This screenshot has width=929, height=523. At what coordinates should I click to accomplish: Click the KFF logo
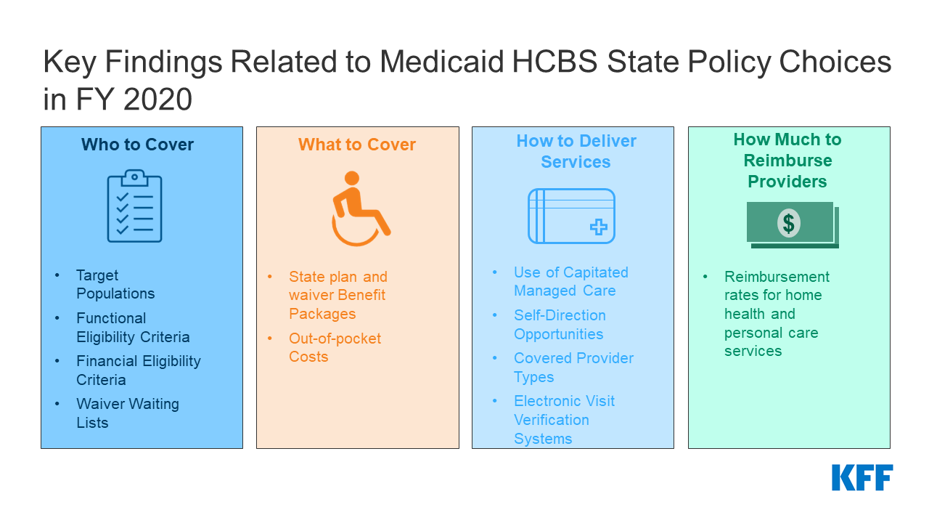coord(862,477)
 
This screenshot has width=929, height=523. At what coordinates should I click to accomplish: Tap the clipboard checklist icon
coord(134,206)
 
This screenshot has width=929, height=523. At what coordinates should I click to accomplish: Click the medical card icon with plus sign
coord(571,216)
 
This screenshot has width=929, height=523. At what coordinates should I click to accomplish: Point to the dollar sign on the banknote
coord(788,224)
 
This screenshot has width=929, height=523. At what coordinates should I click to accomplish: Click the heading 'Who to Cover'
coord(137,145)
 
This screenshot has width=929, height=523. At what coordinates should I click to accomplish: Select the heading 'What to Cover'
coord(357,145)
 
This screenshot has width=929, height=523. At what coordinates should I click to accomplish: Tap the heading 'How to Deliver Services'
coord(576,151)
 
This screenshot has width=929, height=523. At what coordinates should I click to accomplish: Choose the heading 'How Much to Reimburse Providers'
coord(787,161)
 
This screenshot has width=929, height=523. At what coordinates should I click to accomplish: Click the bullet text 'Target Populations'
coord(115,284)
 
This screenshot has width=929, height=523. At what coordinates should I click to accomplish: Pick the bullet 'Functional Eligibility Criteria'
coord(133,328)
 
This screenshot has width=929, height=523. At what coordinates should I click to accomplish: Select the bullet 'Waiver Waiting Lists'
coord(127,413)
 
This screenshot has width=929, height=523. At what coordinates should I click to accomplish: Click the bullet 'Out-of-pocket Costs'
coord(335,347)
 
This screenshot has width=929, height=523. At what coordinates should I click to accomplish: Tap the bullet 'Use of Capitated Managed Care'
coord(570,281)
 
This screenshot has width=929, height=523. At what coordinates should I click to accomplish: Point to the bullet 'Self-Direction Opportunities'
coord(559,325)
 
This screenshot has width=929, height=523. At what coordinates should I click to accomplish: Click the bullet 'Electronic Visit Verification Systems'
coord(564,420)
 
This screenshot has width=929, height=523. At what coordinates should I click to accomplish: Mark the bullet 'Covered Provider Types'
coord(573,368)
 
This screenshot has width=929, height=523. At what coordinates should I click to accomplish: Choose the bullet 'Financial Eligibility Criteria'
coord(138,370)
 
